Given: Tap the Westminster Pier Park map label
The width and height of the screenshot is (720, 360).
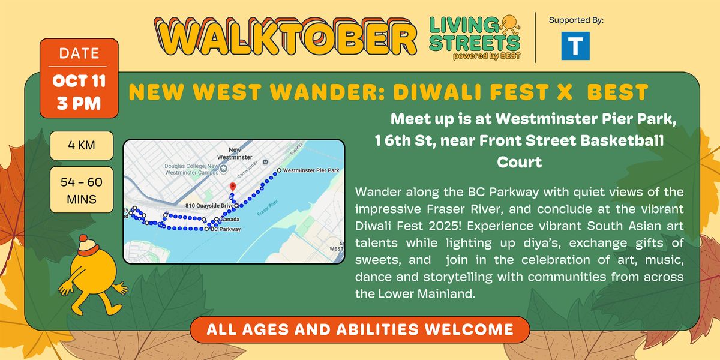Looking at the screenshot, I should (311, 170).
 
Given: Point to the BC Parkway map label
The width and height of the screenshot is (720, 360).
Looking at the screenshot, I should (226, 229).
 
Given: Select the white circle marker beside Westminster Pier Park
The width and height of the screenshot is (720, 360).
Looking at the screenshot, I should (278, 170).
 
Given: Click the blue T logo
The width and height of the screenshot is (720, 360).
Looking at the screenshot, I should (576, 45).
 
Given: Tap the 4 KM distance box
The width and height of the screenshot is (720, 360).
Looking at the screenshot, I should (82, 145).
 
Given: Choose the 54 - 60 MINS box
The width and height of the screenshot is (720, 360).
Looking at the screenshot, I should (82, 189).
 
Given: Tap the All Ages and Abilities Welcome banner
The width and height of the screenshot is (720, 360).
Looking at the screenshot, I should (360, 329).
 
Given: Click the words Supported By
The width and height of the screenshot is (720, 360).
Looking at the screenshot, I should (576, 20).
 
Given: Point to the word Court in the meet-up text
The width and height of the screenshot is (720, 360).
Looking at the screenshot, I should (519, 162).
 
